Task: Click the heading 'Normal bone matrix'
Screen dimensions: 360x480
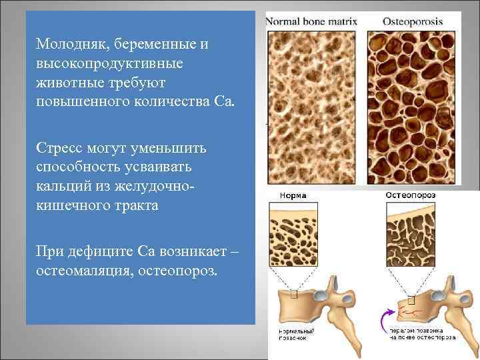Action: (x=312, y=21)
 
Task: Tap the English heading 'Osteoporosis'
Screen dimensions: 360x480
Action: (x=413, y=21)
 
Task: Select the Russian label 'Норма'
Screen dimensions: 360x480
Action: (x=293, y=196)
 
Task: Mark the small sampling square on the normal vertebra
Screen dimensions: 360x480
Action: (x=295, y=293)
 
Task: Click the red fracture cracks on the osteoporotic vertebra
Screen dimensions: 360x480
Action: (x=411, y=310)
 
